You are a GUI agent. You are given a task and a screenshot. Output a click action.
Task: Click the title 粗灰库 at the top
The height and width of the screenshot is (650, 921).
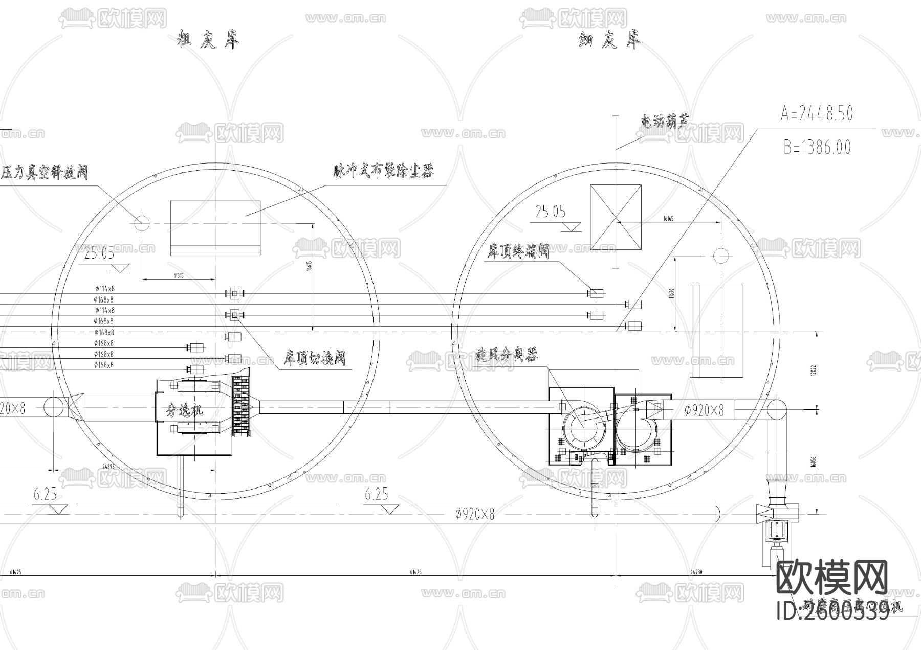click(208, 40)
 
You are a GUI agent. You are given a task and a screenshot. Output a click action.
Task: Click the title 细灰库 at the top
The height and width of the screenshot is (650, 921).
click(609, 40)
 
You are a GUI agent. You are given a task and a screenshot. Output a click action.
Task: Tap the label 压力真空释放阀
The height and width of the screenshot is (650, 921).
click(44, 172)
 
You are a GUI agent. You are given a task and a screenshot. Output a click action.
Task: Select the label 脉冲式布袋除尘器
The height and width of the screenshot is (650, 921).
click(383, 172)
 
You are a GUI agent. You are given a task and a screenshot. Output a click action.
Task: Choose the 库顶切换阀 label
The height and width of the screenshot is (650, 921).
click(315, 358)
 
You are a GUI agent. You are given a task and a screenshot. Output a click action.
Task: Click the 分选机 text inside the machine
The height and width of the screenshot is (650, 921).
click(185, 410)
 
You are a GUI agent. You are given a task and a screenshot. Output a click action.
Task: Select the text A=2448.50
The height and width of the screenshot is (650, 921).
click(817, 113)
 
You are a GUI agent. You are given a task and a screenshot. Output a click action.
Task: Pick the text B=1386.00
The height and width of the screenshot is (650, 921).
click(817, 148)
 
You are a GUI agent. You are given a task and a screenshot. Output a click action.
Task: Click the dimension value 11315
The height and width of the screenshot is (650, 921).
click(179, 276)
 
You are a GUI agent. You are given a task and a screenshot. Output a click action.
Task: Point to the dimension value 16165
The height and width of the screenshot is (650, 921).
click(668, 219)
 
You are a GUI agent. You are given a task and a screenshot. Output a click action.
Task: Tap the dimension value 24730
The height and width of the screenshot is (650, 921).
click(696, 572)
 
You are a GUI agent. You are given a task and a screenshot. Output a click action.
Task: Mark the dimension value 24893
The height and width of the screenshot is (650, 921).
click(108, 466)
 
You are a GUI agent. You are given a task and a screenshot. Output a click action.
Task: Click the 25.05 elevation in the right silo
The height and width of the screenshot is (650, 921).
click(551, 212)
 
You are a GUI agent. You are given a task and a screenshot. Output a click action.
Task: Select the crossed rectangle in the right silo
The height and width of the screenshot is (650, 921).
click(616, 217)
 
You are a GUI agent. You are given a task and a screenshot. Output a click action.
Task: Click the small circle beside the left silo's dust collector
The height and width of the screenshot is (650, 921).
click(142, 222)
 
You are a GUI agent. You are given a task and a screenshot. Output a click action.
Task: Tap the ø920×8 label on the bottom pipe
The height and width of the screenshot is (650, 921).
click(474, 515)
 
